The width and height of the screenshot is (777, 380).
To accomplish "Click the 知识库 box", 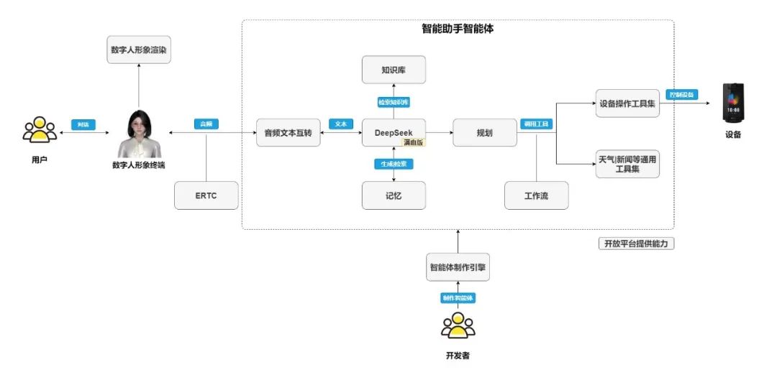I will click(x=393, y=70).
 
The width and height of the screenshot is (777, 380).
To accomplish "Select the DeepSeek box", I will click(x=393, y=133).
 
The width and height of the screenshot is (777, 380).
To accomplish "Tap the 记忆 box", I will click(x=393, y=195).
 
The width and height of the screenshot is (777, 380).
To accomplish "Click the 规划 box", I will click(x=484, y=133).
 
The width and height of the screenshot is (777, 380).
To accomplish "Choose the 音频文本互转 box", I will click(x=288, y=133).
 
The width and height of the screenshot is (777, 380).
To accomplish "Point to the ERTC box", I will click(x=206, y=195).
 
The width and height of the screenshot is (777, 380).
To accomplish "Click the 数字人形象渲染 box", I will click(x=140, y=50).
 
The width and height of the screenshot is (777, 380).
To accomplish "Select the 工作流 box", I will click(x=536, y=195).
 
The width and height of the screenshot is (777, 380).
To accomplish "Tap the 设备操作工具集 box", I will click(x=627, y=103).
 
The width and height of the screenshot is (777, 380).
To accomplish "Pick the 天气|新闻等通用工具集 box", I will click(x=627, y=164).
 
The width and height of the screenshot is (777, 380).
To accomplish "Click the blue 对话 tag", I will click(x=83, y=124).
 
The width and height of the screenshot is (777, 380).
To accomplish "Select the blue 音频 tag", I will click(x=206, y=124).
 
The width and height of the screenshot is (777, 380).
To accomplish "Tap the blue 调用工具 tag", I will click(x=535, y=124).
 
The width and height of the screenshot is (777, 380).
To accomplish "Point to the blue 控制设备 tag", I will click(x=681, y=94).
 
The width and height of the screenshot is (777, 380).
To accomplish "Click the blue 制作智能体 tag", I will click(x=458, y=297).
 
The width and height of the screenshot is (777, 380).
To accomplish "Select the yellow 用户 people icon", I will click(x=40, y=130).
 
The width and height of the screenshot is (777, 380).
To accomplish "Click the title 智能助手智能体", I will click(x=458, y=29).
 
